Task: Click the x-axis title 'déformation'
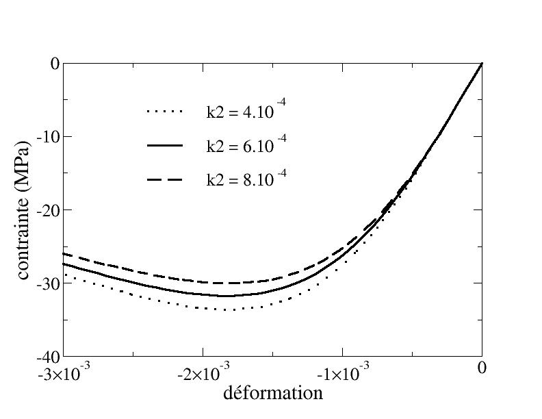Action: (x=273, y=393)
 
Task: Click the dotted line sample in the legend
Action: (x=164, y=111)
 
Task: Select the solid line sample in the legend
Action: (x=164, y=146)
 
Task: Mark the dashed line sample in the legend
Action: (x=164, y=180)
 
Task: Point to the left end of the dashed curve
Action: (x=64, y=253)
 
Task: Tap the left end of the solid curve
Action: (x=64, y=264)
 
